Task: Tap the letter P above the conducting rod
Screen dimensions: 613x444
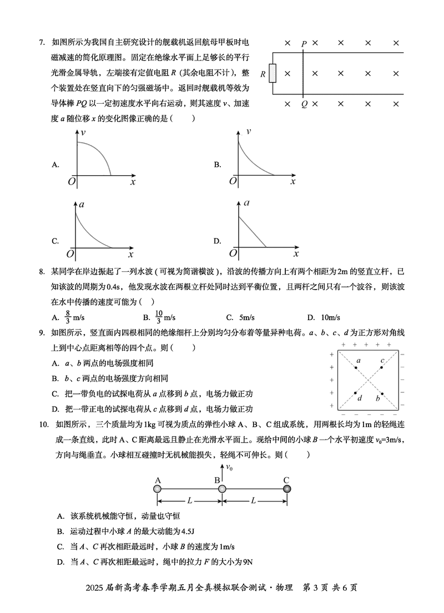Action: pos(304,43)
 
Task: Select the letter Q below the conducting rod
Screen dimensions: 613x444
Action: pos(304,104)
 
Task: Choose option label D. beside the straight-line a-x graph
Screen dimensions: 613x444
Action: pos(218,241)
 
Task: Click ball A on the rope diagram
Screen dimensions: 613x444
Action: pos(158,489)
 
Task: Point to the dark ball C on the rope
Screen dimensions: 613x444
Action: pos(286,489)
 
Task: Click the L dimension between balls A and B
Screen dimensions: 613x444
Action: pos(190,500)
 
